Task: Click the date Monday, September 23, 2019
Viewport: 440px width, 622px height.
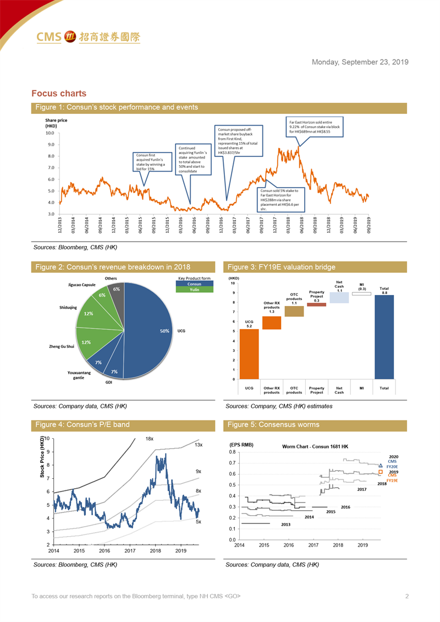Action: (360, 62)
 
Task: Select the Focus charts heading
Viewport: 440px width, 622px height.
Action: (59, 94)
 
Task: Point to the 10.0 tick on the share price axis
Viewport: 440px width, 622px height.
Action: (50, 133)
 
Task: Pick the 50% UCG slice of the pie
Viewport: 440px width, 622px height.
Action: (148, 330)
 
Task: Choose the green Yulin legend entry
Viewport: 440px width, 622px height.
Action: (194, 290)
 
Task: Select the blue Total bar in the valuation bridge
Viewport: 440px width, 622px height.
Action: (384, 337)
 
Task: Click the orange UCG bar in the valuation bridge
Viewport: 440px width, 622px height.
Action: (249, 354)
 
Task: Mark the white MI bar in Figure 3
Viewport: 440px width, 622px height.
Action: (361, 294)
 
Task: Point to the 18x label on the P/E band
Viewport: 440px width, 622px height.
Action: (149, 439)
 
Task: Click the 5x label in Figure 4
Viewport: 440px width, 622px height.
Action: (198, 521)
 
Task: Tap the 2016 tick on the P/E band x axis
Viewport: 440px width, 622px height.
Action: (105, 550)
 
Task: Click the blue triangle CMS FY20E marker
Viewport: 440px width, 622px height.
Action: (381, 466)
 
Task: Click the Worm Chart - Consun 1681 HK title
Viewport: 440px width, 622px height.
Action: (315, 446)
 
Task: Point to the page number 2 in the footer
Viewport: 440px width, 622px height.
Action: (406, 596)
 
